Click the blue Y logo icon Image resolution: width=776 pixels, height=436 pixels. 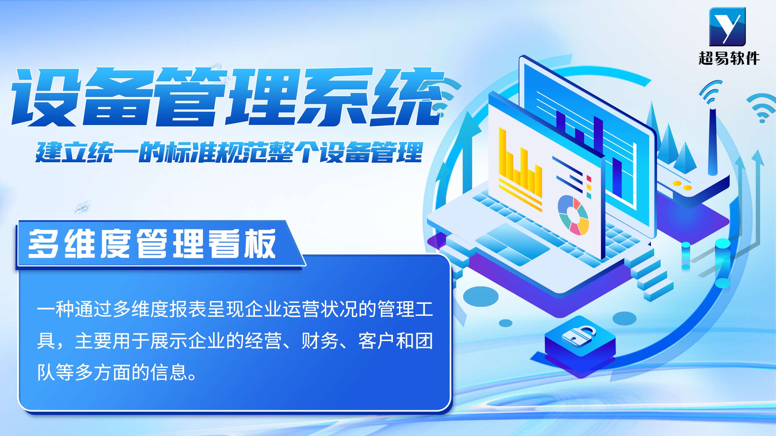tap(727, 27)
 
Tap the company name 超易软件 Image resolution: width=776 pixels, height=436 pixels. tap(729, 59)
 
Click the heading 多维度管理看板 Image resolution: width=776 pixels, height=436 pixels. tap(152, 244)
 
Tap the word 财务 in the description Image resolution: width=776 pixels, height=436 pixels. tap(320, 341)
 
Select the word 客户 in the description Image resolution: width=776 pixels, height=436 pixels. tap(377, 341)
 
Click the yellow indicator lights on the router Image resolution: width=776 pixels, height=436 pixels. tap(682, 185)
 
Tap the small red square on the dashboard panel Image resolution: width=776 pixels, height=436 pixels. tap(589, 179)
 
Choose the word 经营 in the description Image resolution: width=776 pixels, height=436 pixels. tap(263, 341)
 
